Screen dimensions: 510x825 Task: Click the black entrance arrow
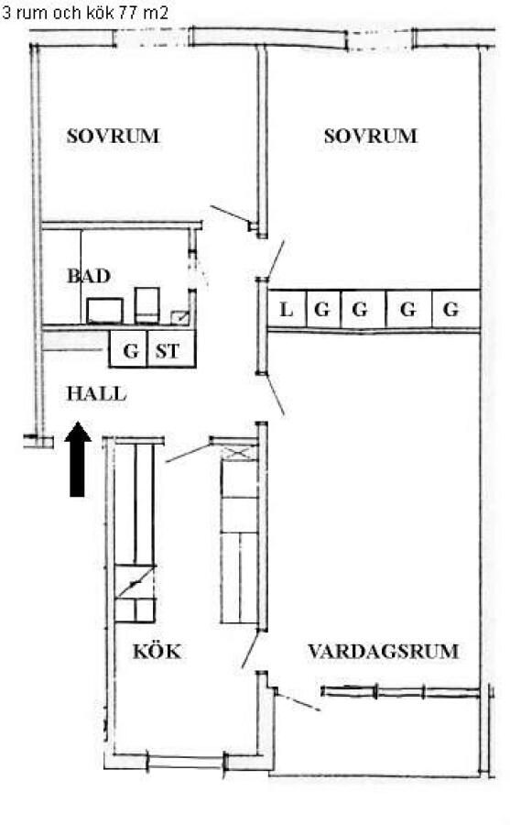click(x=77, y=459)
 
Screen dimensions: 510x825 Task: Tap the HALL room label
click(x=97, y=394)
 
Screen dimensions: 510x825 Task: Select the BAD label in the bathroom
click(x=89, y=276)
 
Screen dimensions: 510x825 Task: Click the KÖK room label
click(x=157, y=652)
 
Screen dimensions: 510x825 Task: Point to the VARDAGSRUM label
click(x=384, y=652)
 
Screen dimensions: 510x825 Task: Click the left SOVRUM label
click(x=113, y=137)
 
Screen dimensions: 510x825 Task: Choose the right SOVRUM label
click(x=370, y=137)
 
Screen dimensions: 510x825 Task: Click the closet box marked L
click(x=288, y=310)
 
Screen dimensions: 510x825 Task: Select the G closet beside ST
click(x=128, y=349)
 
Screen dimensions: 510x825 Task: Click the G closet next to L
click(x=323, y=310)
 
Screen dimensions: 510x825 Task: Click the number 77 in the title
click(x=128, y=13)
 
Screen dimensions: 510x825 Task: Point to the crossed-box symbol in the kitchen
click(x=239, y=452)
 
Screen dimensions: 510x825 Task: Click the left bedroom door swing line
click(x=230, y=214)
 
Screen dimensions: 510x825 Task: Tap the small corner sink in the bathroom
click(x=179, y=317)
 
